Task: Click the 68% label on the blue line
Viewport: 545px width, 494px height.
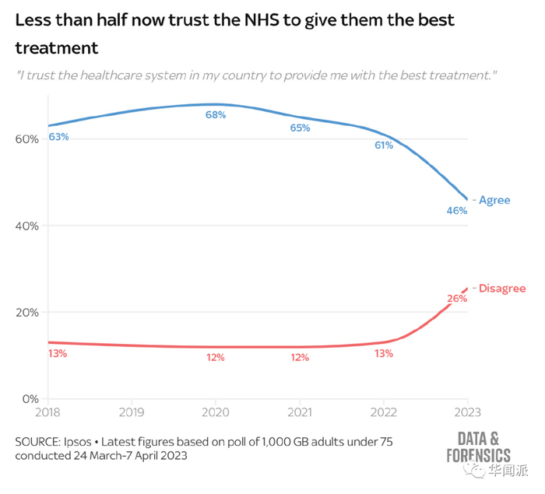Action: tap(216, 115)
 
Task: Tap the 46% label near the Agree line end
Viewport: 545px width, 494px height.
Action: tap(456, 211)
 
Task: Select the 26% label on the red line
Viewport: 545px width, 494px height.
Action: tap(457, 299)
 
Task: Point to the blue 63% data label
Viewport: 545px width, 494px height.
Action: tap(59, 137)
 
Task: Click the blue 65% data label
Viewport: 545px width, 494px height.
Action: tap(300, 128)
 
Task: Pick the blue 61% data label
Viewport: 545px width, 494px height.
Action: tap(384, 145)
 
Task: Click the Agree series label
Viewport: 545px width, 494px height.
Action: tap(494, 200)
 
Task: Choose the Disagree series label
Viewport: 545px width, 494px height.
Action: tap(501, 289)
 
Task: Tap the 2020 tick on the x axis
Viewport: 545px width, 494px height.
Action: tap(216, 411)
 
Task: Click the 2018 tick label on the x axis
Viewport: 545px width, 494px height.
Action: tap(48, 411)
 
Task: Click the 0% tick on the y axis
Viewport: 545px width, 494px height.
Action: tap(29, 399)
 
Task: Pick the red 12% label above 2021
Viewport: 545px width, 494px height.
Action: tap(300, 358)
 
